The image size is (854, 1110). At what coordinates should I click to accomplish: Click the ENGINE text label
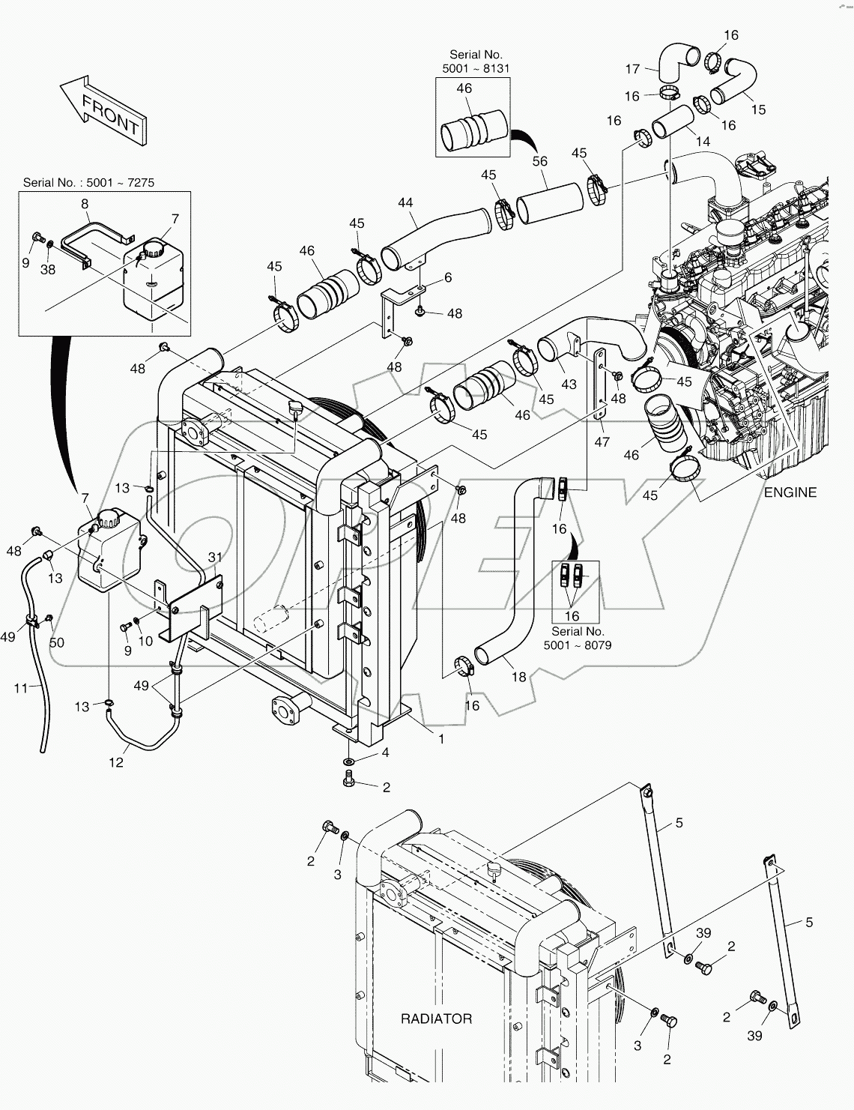[x=790, y=492]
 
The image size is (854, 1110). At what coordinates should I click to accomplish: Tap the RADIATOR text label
[x=436, y=1019]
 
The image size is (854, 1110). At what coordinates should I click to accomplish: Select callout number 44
[x=405, y=203]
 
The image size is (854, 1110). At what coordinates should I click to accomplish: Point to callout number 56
[x=539, y=161]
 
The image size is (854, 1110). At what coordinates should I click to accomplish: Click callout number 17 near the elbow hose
[x=632, y=69]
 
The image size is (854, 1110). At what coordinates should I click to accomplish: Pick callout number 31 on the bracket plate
[x=215, y=557]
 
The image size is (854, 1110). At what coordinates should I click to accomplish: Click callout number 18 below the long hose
[x=518, y=677]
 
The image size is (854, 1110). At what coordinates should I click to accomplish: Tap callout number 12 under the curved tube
[x=116, y=762]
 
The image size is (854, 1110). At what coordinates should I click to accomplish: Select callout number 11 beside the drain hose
[x=20, y=687]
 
